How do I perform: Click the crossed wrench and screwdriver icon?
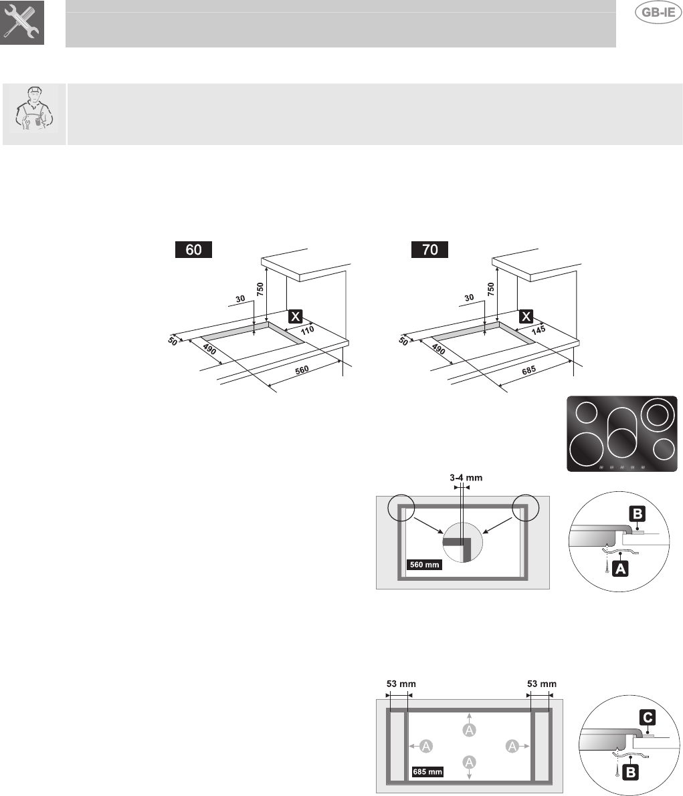point(23,23)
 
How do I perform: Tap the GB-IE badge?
point(657,15)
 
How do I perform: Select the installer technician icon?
point(34,114)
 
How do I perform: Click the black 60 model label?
point(193,250)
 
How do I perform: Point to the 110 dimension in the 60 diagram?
point(306,329)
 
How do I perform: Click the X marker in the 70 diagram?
point(527,316)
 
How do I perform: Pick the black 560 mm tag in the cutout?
point(424,565)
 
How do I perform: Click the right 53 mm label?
point(541,684)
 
